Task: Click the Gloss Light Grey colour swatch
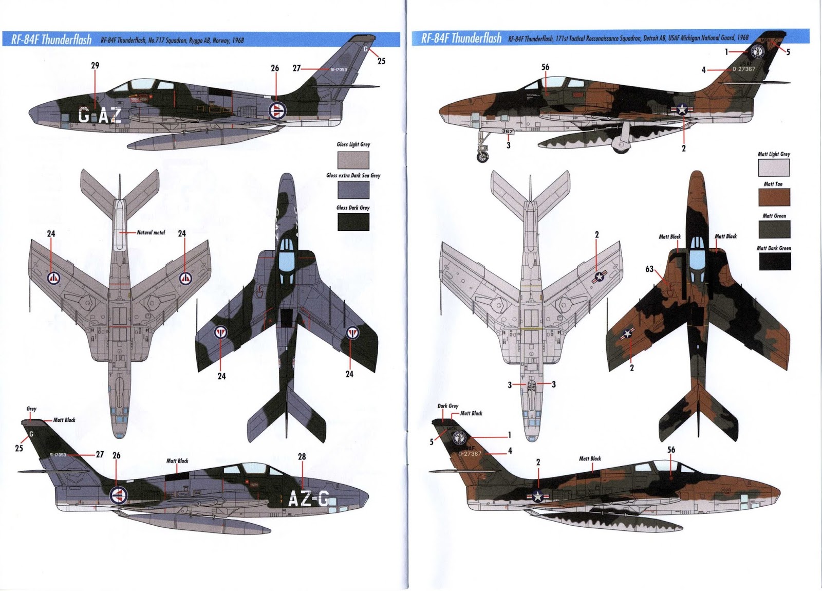[x=353, y=159]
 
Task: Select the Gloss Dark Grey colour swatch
[x=353, y=221]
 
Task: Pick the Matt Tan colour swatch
[x=774, y=197]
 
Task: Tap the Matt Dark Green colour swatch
[x=774, y=261]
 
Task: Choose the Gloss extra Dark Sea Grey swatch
[x=353, y=190]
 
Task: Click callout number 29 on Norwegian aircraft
[x=95, y=66]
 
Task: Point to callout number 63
[x=649, y=269]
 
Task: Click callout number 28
[x=302, y=456]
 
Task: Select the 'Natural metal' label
[x=151, y=233]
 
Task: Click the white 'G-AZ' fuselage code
[x=100, y=116]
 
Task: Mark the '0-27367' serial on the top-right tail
[x=744, y=69]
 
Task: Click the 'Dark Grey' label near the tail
[x=448, y=406]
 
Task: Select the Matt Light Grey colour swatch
[x=774, y=168]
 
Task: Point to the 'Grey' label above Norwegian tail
[x=31, y=409]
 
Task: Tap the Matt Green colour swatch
[x=774, y=229]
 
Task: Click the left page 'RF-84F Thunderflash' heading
[x=51, y=40]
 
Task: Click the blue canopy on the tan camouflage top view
[x=697, y=262]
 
